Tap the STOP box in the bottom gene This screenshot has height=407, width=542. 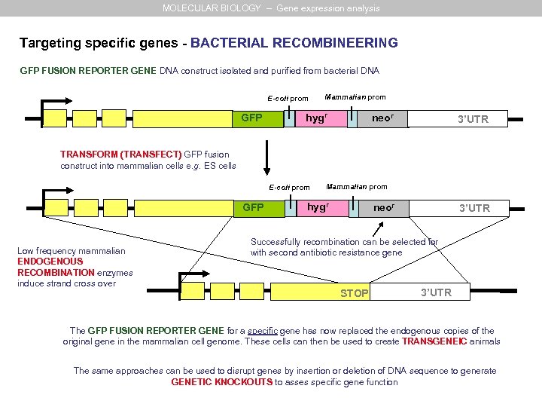click(x=354, y=293)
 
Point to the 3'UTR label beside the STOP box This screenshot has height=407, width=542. click(x=436, y=292)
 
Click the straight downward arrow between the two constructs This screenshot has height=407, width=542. click(x=266, y=158)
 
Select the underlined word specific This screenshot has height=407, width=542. click(x=257, y=331)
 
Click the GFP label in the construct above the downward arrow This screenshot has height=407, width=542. click(x=251, y=118)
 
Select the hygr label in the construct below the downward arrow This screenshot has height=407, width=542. click(x=318, y=207)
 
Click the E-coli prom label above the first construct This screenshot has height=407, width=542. click(x=288, y=99)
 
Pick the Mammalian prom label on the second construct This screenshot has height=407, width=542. click(x=357, y=186)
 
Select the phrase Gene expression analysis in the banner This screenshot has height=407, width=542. click(x=328, y=8)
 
